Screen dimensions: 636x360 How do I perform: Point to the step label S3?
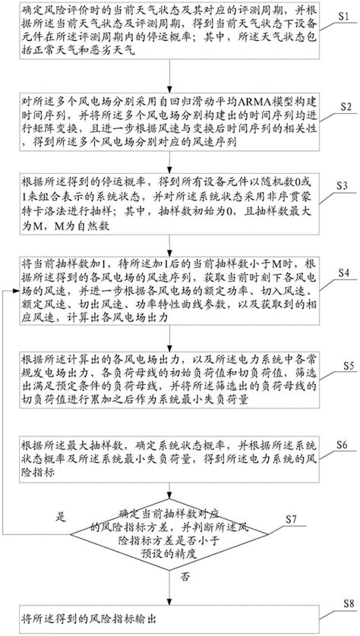tap(345, 186)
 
